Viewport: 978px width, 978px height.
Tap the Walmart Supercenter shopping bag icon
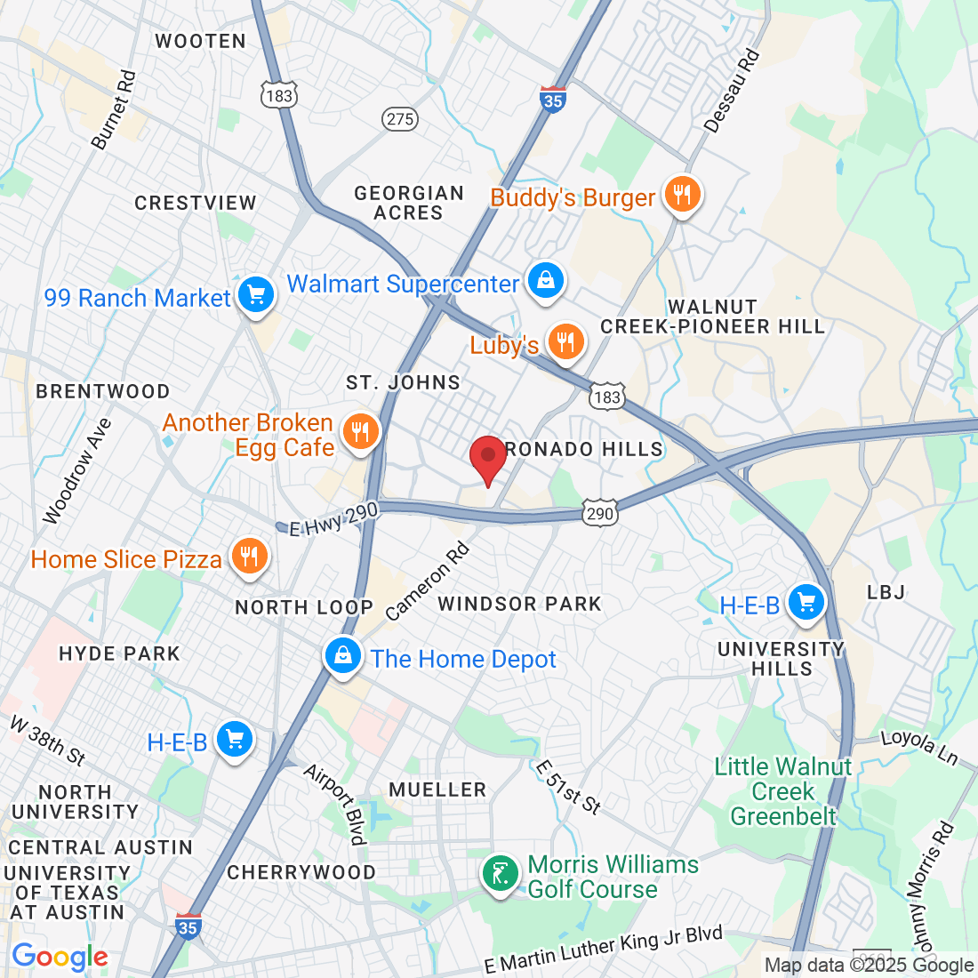tap(546, 281)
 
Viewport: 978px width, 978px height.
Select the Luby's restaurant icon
tap(565, 341)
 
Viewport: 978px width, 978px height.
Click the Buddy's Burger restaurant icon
tap(682, 194)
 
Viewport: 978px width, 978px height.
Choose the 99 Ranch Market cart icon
tap(256, 294)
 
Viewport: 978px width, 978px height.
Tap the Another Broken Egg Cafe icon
tap(360, 433)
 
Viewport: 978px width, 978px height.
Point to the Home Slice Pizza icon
tap(249, 557)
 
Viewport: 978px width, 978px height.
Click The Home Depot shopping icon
tap(342, 657)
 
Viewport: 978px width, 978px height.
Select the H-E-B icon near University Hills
tap(806, 603)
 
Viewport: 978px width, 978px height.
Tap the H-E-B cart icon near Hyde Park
tap(235, 739)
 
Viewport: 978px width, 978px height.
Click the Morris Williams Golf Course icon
tap(500, 873)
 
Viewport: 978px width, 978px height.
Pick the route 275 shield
tap(401, 119)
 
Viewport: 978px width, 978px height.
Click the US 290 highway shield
tap(600, 513)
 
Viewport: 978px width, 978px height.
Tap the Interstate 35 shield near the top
tap(552, 100)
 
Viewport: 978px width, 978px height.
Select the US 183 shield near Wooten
tap(278, 95)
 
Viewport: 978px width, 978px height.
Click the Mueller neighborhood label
tap(437, 790)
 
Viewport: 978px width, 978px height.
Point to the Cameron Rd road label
tap(428, 582)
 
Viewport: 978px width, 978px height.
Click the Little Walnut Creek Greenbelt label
tap(783, 791)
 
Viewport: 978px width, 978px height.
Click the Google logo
tap(60, 957)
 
